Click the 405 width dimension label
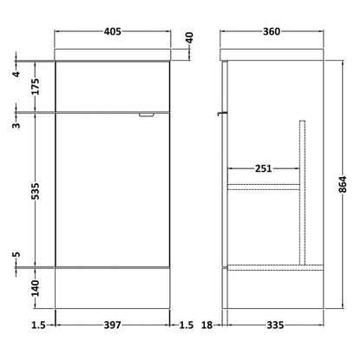(x=113, y=31)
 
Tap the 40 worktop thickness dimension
(x=189, y=37)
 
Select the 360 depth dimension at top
(x=272, y=31)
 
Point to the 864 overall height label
(x=343, y=184)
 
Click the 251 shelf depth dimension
(x=264, y=168)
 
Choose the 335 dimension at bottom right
(x=275, y=325)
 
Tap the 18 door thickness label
(x=207, y=325)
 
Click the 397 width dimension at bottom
(x=112, y=325)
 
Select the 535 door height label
(x=35, y=191)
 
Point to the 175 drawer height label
(x=35, y=87)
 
